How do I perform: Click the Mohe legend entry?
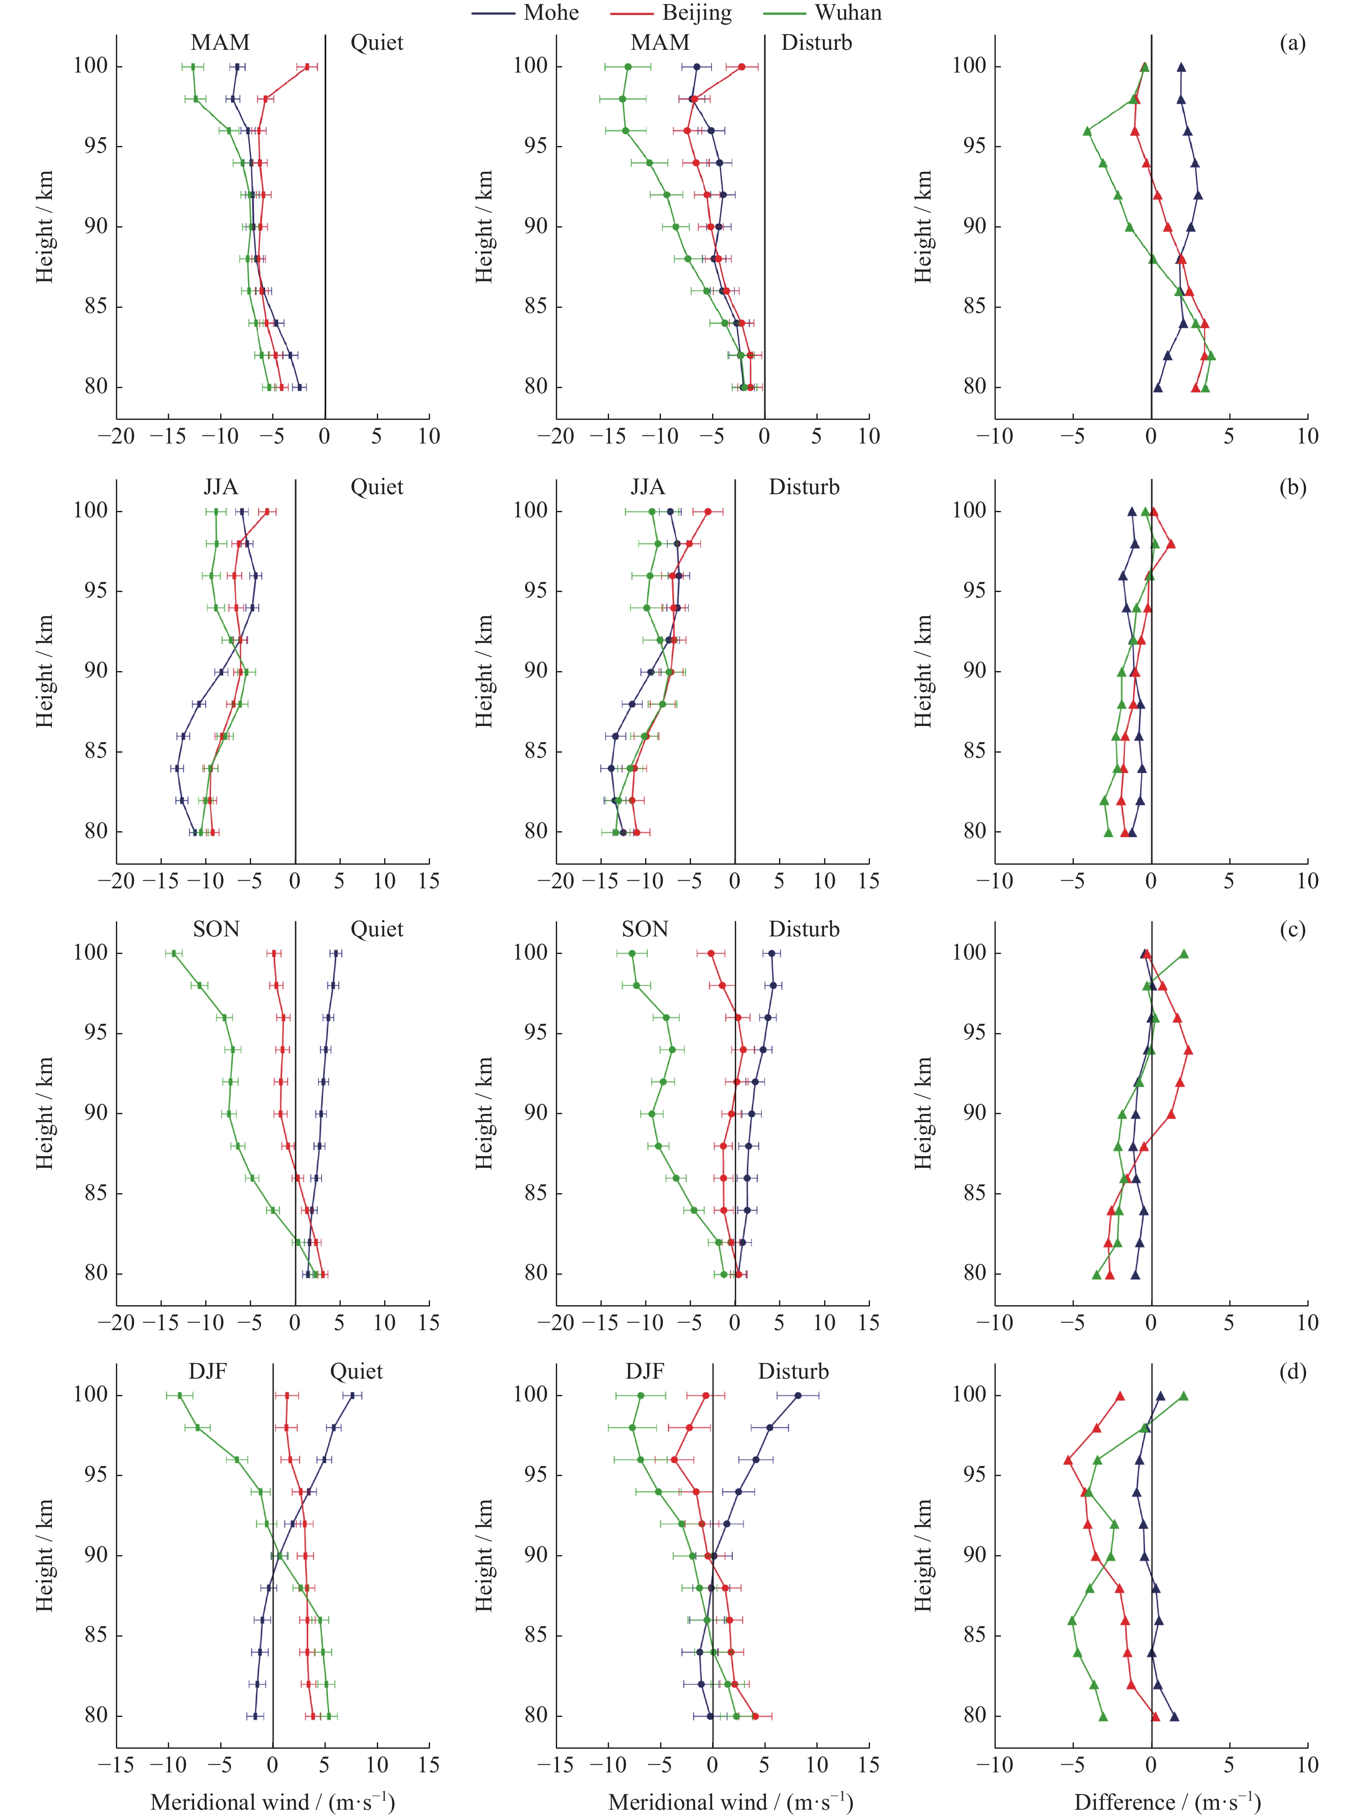point(550,13)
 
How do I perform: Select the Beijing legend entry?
point(697,13)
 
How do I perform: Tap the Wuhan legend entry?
point(848,13)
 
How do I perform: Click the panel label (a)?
point(1292,43)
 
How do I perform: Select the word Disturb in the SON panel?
point(803,929)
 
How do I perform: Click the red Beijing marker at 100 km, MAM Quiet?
point(307,67)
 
